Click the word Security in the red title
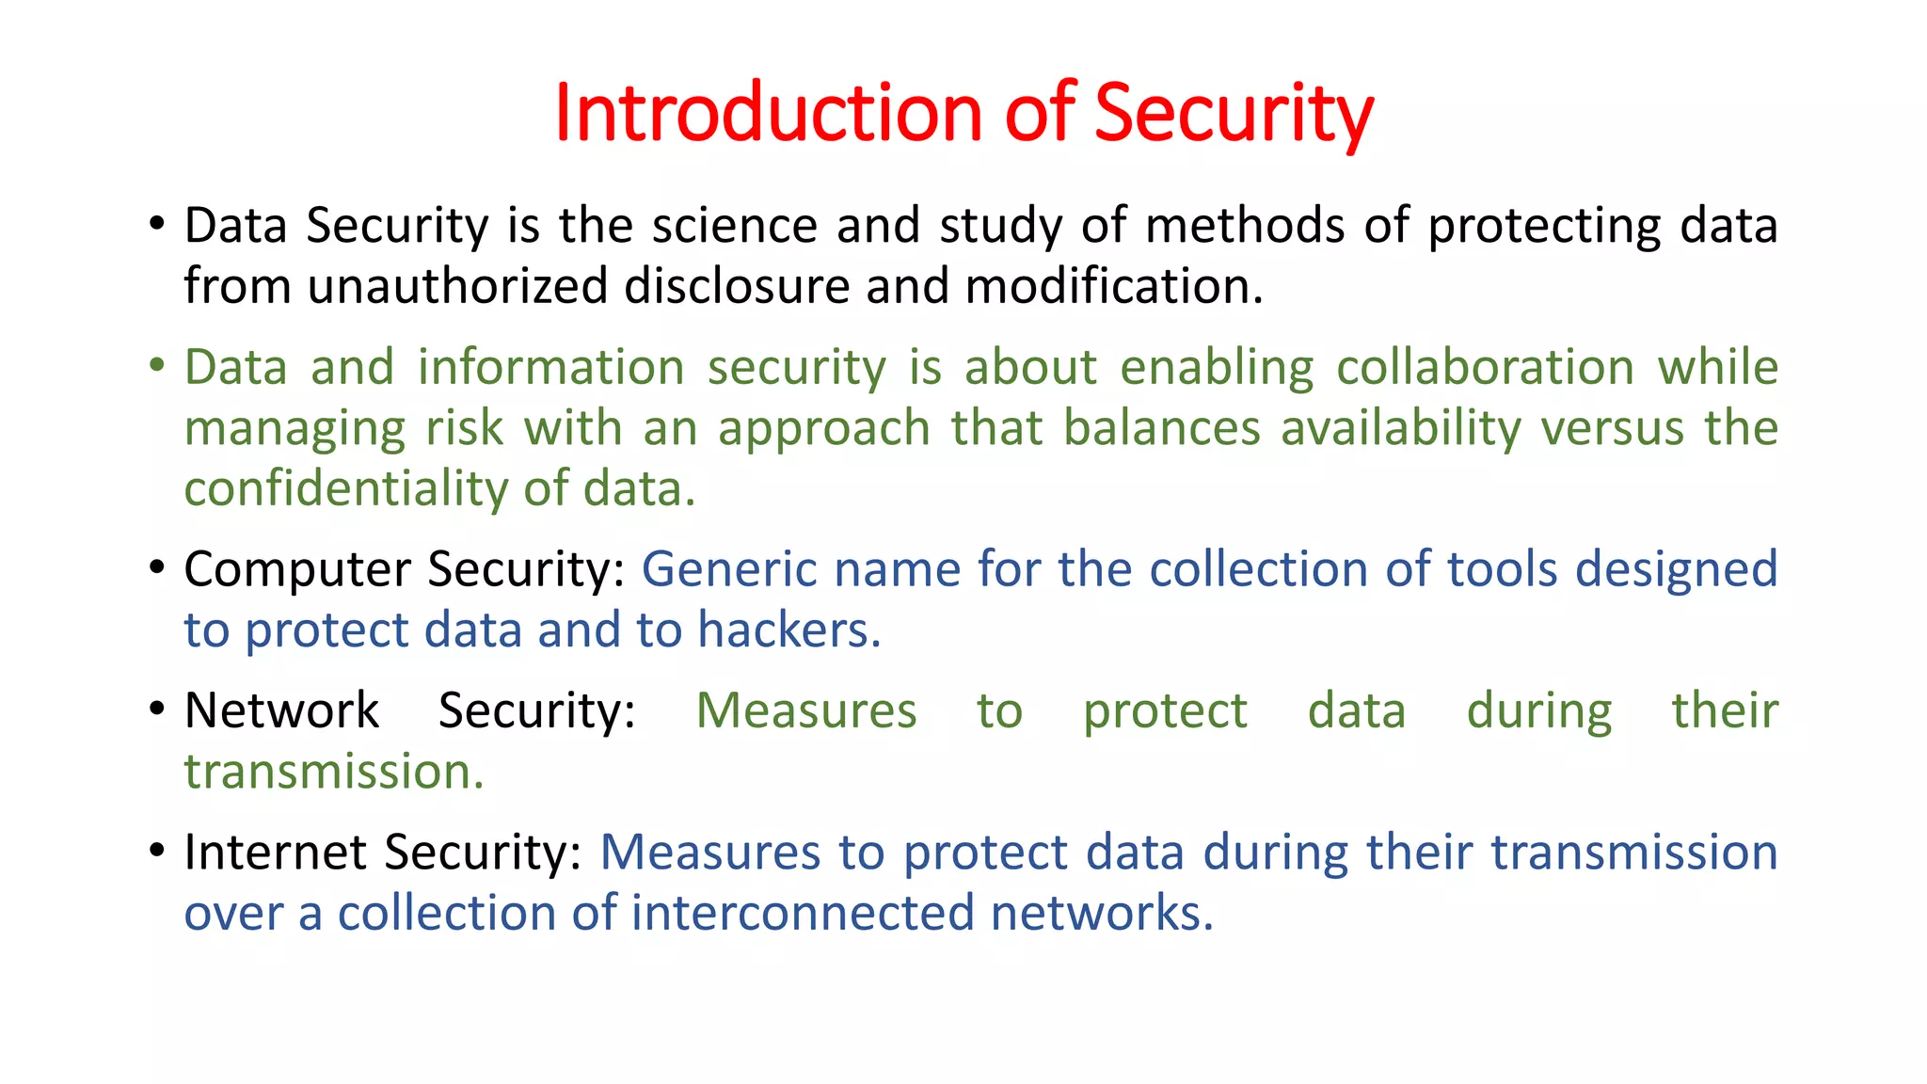tap(1233, 113)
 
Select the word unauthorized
tap(457, 286)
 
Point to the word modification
tap(1113, 286)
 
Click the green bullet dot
tap(157, 365)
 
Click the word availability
tap(1400, 428)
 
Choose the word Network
tap(281, 710)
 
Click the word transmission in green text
tap(333, 772)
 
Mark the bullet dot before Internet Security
tap(157, 851)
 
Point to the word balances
tap(1162, 428)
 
